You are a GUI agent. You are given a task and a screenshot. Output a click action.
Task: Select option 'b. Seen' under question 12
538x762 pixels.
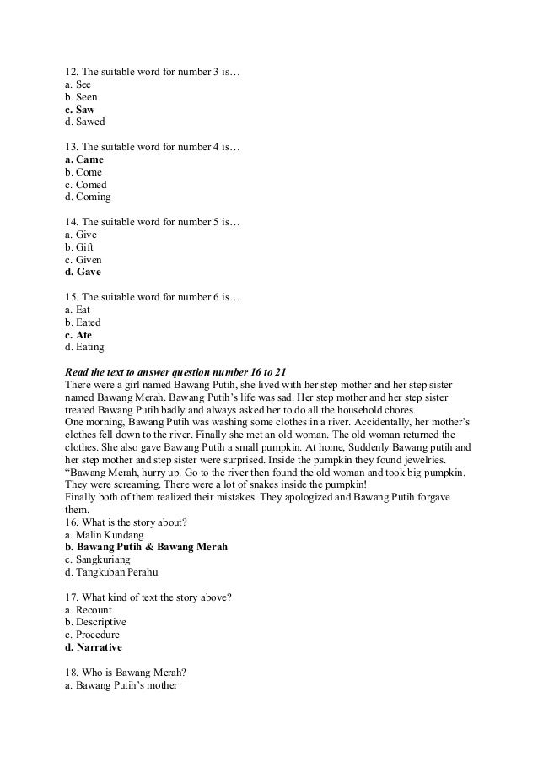point(81,97)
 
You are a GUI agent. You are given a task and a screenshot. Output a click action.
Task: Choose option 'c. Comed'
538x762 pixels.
point(85,185)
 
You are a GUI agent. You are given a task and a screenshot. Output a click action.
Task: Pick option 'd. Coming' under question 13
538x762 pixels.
point(87,197)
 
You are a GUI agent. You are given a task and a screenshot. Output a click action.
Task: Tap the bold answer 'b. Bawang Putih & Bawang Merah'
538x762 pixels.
point(146,547)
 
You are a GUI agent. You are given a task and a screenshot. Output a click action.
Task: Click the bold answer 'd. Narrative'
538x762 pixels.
point(93,647)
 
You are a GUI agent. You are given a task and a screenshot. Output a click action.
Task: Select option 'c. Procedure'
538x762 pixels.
point(92,635)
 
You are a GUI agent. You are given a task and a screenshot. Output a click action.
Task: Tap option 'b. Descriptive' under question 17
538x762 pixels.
point(94,622)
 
